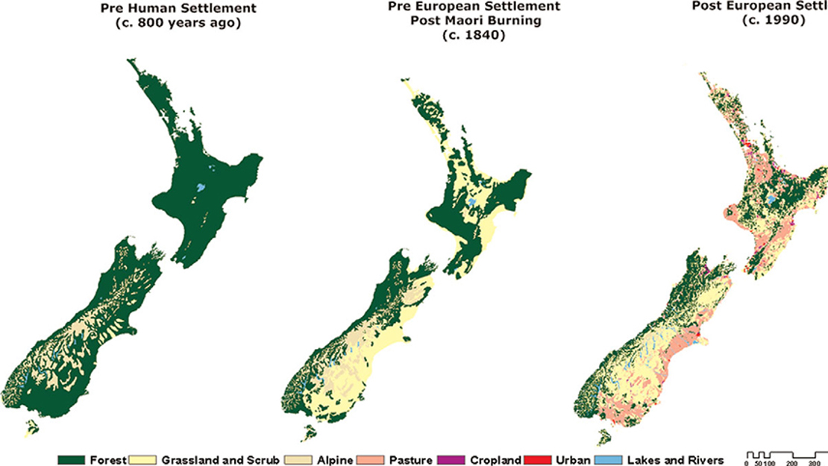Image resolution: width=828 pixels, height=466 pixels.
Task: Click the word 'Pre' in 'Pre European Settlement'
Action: (x=401, y=7)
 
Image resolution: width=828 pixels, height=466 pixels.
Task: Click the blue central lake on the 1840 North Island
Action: (x=471, y=203)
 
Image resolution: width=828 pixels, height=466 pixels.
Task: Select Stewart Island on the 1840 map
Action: (x=307, y=431)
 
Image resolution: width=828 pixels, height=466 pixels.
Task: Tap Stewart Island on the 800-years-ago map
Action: (x=31, y=429)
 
